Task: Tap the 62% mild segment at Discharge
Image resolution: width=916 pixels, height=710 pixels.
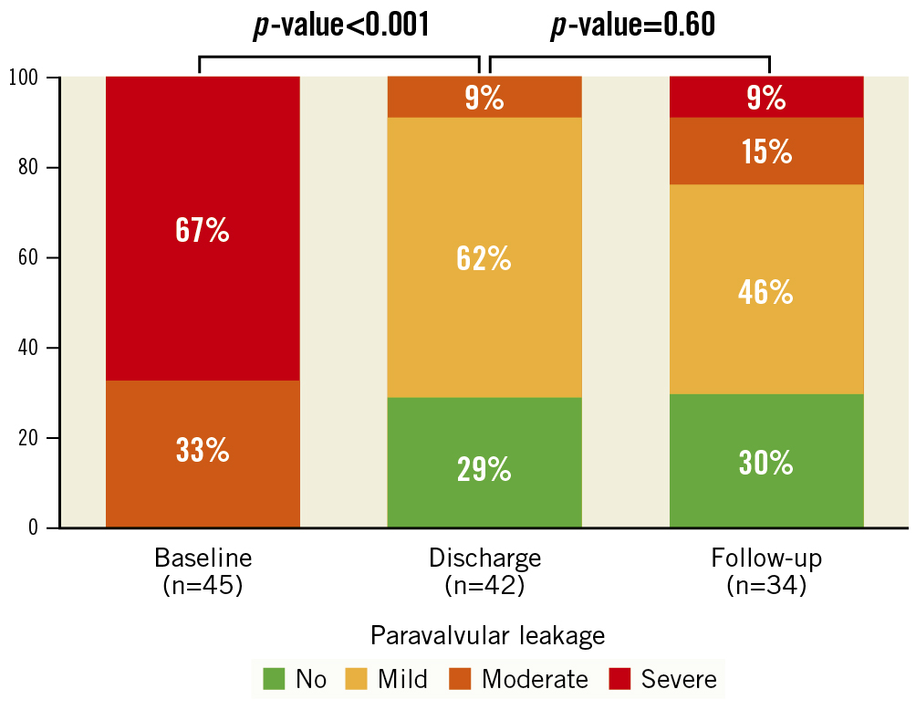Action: pos(484,258)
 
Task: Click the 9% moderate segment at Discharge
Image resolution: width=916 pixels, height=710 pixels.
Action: pos(484,98)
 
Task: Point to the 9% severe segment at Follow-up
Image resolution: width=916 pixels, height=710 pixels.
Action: pos(766,98)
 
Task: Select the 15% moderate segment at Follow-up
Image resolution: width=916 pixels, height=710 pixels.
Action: pos(766,151)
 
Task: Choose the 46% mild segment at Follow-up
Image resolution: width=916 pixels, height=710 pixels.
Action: pos(766,292)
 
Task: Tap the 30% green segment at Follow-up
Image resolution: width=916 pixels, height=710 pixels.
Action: pos(766,462)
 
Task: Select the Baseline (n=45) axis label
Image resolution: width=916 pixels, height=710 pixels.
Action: pos(203,571)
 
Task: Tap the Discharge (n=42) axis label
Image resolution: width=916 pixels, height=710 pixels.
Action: pos(484,571)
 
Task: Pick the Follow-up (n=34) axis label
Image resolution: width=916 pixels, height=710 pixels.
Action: pos(766,571)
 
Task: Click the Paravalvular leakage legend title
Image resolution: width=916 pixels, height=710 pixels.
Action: pos(487,635)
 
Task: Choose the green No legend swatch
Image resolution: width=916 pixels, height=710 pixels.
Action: pos(274,679)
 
